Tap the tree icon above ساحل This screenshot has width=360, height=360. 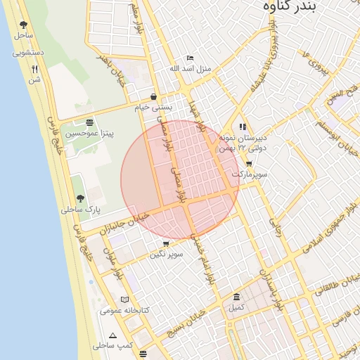click(23, 24)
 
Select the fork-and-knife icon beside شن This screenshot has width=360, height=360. click(34, 69)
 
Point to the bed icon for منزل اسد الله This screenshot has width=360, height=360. click(190, 58)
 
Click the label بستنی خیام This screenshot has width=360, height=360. click(154, 108)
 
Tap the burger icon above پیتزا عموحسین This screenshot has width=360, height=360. click(89, 122)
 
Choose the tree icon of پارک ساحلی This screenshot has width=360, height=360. click(80, 199)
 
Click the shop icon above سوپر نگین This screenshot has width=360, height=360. click(166, 244)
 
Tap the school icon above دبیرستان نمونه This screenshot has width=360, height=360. click(243, 127)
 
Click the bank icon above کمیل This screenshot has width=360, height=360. click(236, 297)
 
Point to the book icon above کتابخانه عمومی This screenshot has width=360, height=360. click(125, 300)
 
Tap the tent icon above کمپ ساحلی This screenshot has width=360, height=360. click(113, 335)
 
